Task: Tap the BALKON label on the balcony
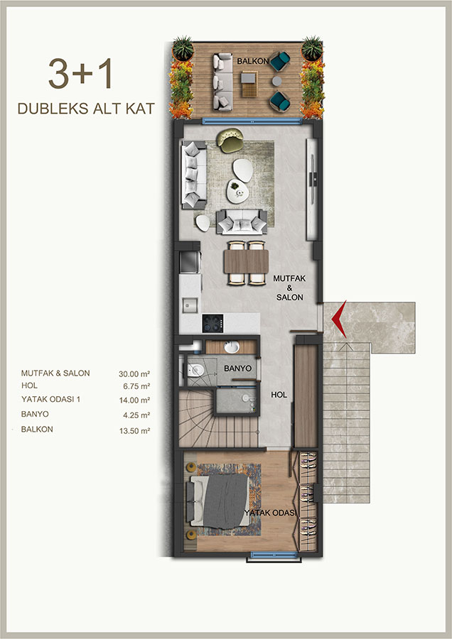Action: pos(253,61)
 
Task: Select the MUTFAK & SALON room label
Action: pos(289,288)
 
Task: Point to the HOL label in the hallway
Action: pos(279,395)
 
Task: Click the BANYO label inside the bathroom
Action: pos(238,368)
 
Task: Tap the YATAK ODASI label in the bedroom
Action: pos(270,512)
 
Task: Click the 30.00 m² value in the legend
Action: pos(134,373)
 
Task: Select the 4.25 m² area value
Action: pos(136,415)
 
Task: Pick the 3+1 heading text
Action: pos(80,74)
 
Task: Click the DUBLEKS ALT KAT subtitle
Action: pos(86,109)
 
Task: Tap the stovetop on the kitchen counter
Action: pos(212,323)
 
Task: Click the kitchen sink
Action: pos(190,305)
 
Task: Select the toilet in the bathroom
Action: pos(195,370)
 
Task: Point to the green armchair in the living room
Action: pos(231,140)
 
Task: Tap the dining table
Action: pos(246,261)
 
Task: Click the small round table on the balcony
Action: pos(276,81)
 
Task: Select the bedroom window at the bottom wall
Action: pos(274,555)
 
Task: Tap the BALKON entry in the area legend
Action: pos(37,429)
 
